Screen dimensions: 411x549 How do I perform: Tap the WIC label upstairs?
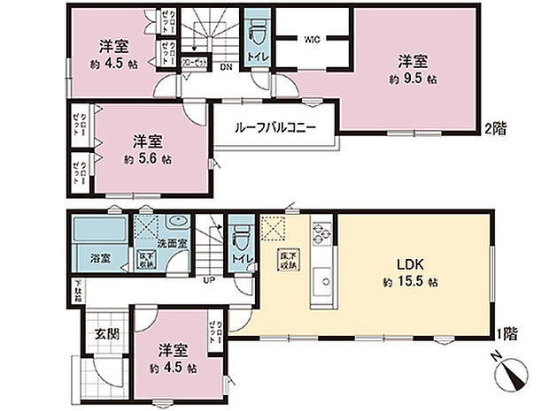point(312,39)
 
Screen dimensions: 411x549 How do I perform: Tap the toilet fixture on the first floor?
point(239,240)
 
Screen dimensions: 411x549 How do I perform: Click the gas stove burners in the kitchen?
point(320,236)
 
